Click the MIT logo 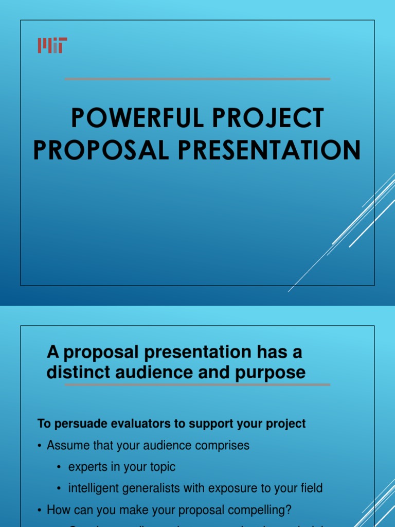point(52,45)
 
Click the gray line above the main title point(197,79)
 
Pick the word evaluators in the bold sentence point(115,424)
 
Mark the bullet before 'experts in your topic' point(59,467)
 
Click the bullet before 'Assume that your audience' point(39,446)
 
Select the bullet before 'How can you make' point(39,511)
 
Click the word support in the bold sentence point(210,424)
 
